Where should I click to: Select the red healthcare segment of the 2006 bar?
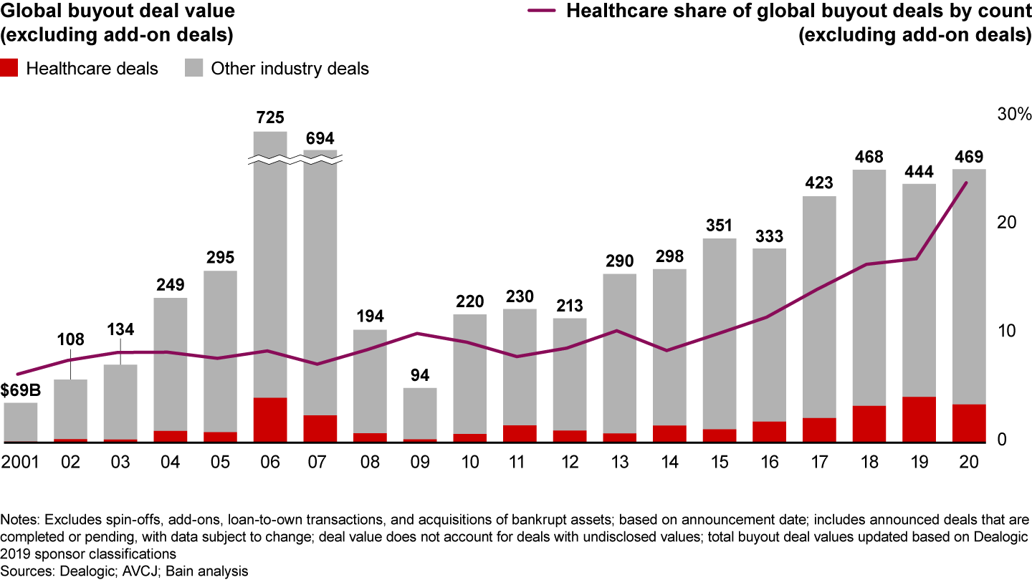click(270, 420)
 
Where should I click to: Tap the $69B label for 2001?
click(20, 391)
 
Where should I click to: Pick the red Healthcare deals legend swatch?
click(10, 69)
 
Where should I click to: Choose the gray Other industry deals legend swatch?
click(193, 69)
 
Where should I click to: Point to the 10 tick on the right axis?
click(1008, 332)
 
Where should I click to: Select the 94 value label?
click(420, 375)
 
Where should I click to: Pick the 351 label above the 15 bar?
click(720, 226)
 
